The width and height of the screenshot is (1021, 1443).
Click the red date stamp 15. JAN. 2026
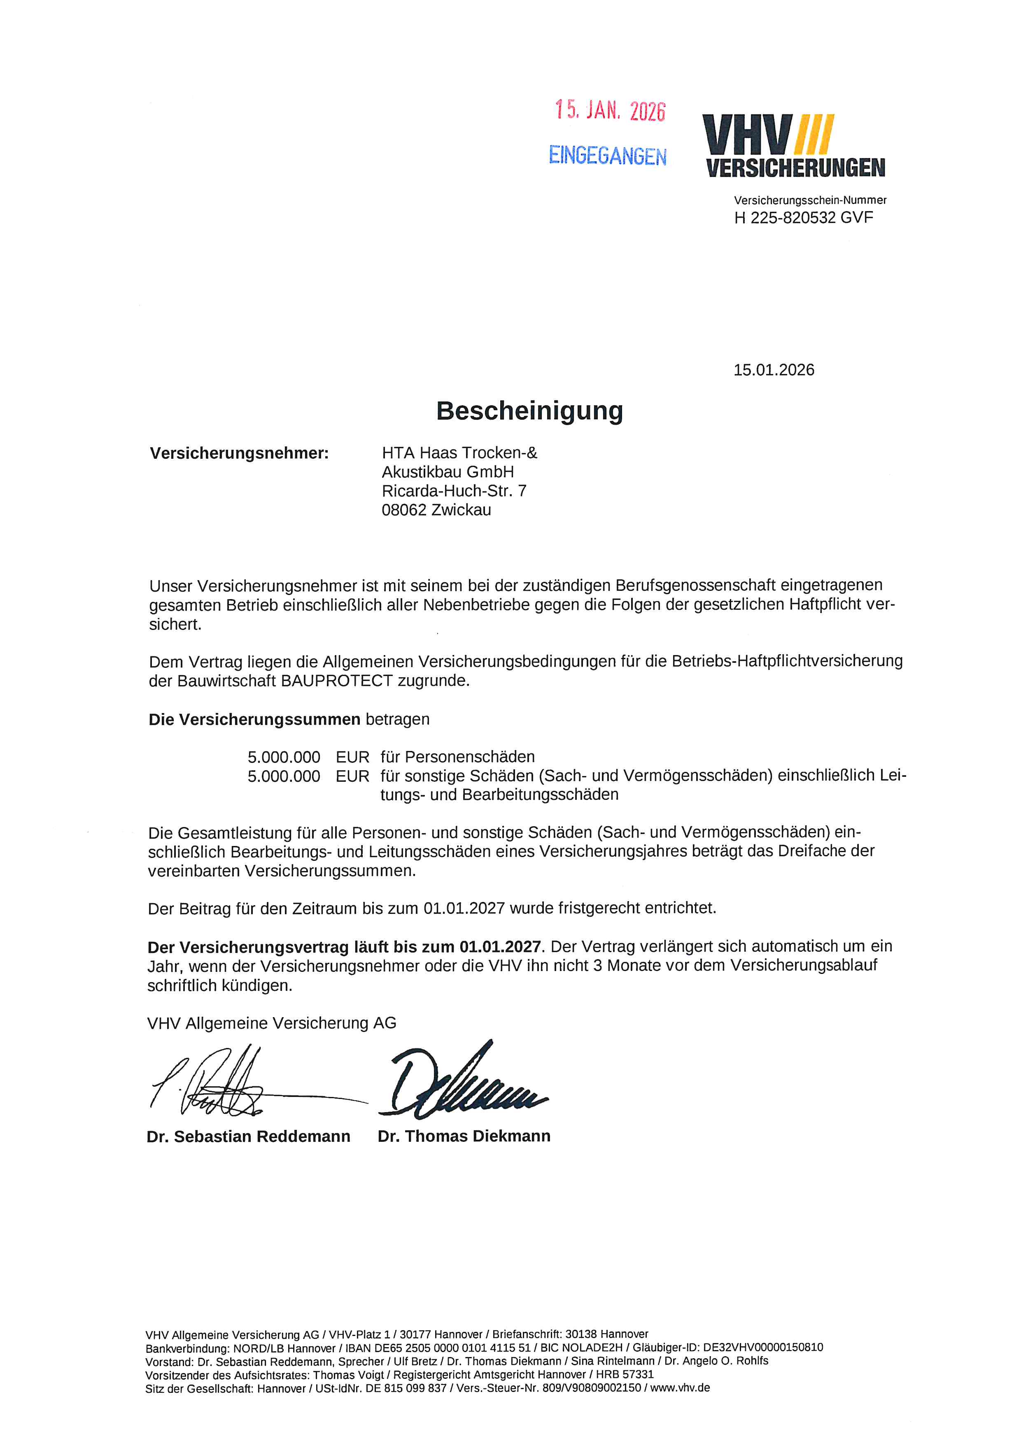[x=610, y=111]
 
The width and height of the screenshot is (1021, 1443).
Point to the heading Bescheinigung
[x=529, y=411]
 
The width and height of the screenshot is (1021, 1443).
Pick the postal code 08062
[x=403, y=510]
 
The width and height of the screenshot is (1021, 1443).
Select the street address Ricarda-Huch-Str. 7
[x=454, y=491]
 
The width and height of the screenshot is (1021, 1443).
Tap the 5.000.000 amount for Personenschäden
[x=284, y=758]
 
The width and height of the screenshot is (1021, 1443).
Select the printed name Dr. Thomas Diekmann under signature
[x=464, y=1136]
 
